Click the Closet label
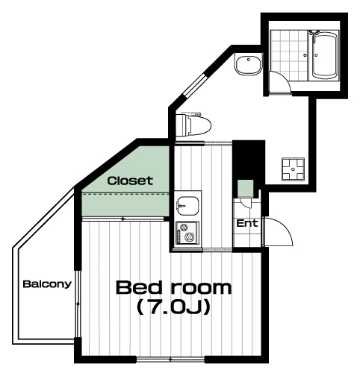pos(130,181)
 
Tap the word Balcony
pos(47,284)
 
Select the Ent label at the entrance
pos(247,223)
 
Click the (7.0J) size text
pos(174,307)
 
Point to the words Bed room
pos(174,288)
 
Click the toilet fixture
pos(193,124)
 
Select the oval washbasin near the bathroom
pos(248,65)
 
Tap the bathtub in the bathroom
pos(323,55)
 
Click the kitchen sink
pos(187,207)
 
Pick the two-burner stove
pos(187,233)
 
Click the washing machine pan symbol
pos(293,169)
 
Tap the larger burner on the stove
pos(190,236)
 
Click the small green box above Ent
pos(245,189)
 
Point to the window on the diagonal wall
pos(195,84)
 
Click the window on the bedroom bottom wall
pos(170,360)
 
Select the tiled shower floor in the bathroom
pos(289,55)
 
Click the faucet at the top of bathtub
pos(314,33)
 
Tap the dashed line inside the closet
pos(125,193)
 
